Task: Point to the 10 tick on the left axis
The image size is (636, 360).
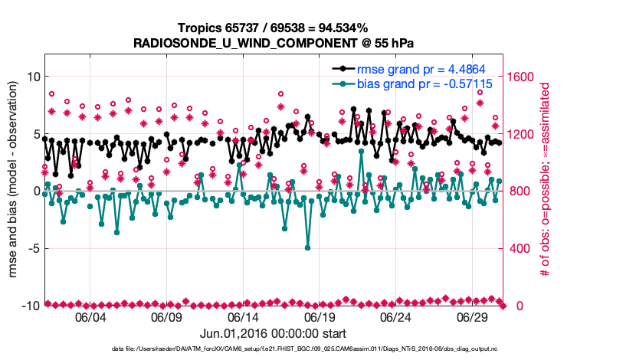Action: tap(33, 77)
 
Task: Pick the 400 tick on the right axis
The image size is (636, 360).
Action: tap(518, 248)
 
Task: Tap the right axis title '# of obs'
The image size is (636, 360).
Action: tap(546, 191)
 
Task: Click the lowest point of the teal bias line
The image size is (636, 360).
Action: tap(307, 247)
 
